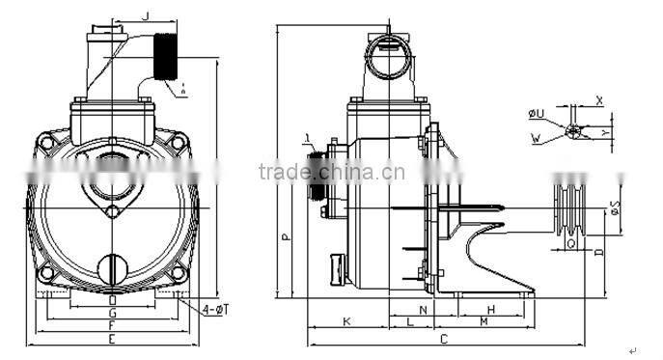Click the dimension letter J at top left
coord(145,14)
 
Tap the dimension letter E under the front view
coord(112,340)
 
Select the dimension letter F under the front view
coord(112,326)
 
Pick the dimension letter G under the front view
coord(112,314)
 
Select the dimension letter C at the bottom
coord(443,340)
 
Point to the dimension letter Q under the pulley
coord(572,244)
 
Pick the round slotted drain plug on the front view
coord(114,266)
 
